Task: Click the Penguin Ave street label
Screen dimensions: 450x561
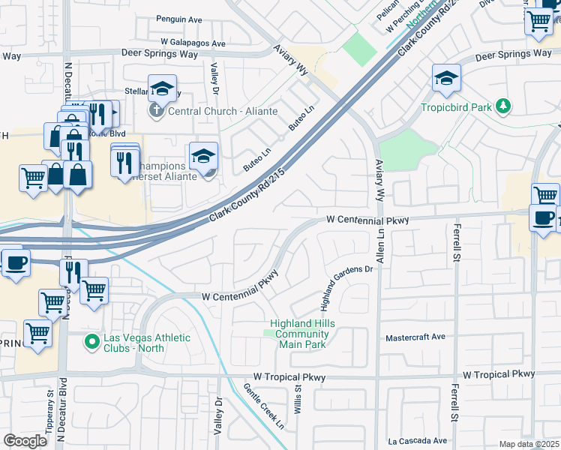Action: pos(190,19)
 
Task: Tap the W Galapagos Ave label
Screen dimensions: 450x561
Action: pos(193,44)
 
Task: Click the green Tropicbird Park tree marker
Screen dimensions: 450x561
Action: pos(505,106)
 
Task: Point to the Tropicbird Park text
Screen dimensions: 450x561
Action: pos(456,107)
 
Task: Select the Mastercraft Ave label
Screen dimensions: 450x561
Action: pos(415,338)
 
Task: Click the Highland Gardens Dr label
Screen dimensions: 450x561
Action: pos(346,287)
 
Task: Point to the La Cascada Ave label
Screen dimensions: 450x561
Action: pos(417,441)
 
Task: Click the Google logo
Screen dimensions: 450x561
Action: pos(25,440)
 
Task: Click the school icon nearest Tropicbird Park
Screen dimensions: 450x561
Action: pos(446,77)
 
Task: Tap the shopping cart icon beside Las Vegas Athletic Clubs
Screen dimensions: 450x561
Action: pos(94,290)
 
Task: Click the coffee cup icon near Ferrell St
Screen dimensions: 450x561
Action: pos(544,218)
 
